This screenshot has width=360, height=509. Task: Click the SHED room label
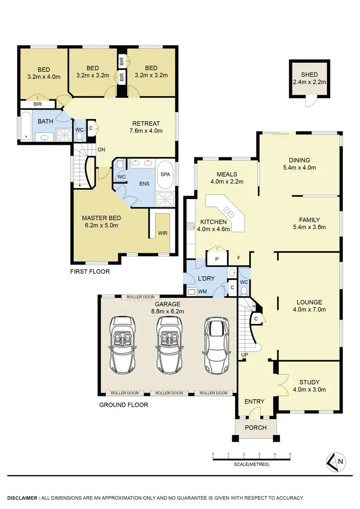[x=310, y=75]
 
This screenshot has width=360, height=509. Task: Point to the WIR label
[x=163, y=234]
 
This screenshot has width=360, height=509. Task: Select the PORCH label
[x=256, y=427]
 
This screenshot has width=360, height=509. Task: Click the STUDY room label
[x=310, y=382]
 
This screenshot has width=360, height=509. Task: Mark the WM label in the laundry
[x=203, y=291]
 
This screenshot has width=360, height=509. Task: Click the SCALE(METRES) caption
[x=252, y=464]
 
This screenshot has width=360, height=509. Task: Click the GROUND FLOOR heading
[x=123, y=405]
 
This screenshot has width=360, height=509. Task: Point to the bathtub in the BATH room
[x=24, y=126]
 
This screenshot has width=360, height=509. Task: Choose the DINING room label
[x=299, y=160]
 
